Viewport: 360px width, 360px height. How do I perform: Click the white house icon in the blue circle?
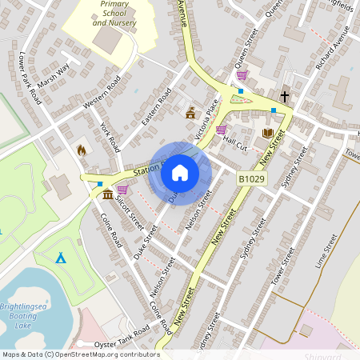point(180,173)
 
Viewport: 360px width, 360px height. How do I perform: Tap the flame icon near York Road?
point(81,149)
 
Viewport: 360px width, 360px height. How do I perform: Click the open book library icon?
point(267,133)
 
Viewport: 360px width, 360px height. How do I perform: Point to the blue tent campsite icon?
point(61,258)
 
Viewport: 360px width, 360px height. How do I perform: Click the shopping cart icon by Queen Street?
point(242,75)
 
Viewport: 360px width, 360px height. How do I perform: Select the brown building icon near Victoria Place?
point(190,113)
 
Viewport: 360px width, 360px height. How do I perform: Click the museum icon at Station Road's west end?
point(107,193)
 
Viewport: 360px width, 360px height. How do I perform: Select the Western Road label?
point(101,93)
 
